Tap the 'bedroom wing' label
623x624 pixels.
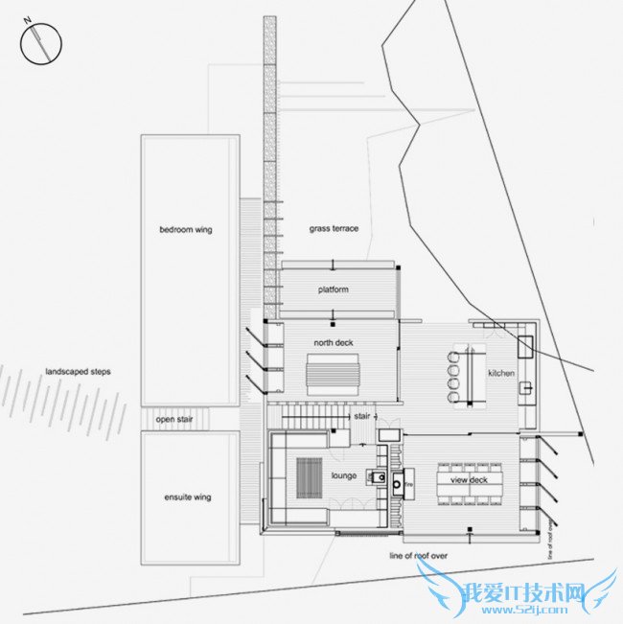(x=185, y=230)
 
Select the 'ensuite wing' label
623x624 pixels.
(x=187, y=497)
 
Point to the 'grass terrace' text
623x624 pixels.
(x=334, y=229)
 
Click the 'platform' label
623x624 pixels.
(x=334, y=289)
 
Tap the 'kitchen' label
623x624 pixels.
(x=502, y=373)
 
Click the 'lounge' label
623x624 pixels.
(x=344, y=475)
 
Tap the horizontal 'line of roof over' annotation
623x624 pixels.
(x=418, y=556)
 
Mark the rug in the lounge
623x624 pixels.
(x=309, y=474)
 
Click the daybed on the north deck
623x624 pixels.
(x=333, y=370)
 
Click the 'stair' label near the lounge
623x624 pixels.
(x=362, y=417)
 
